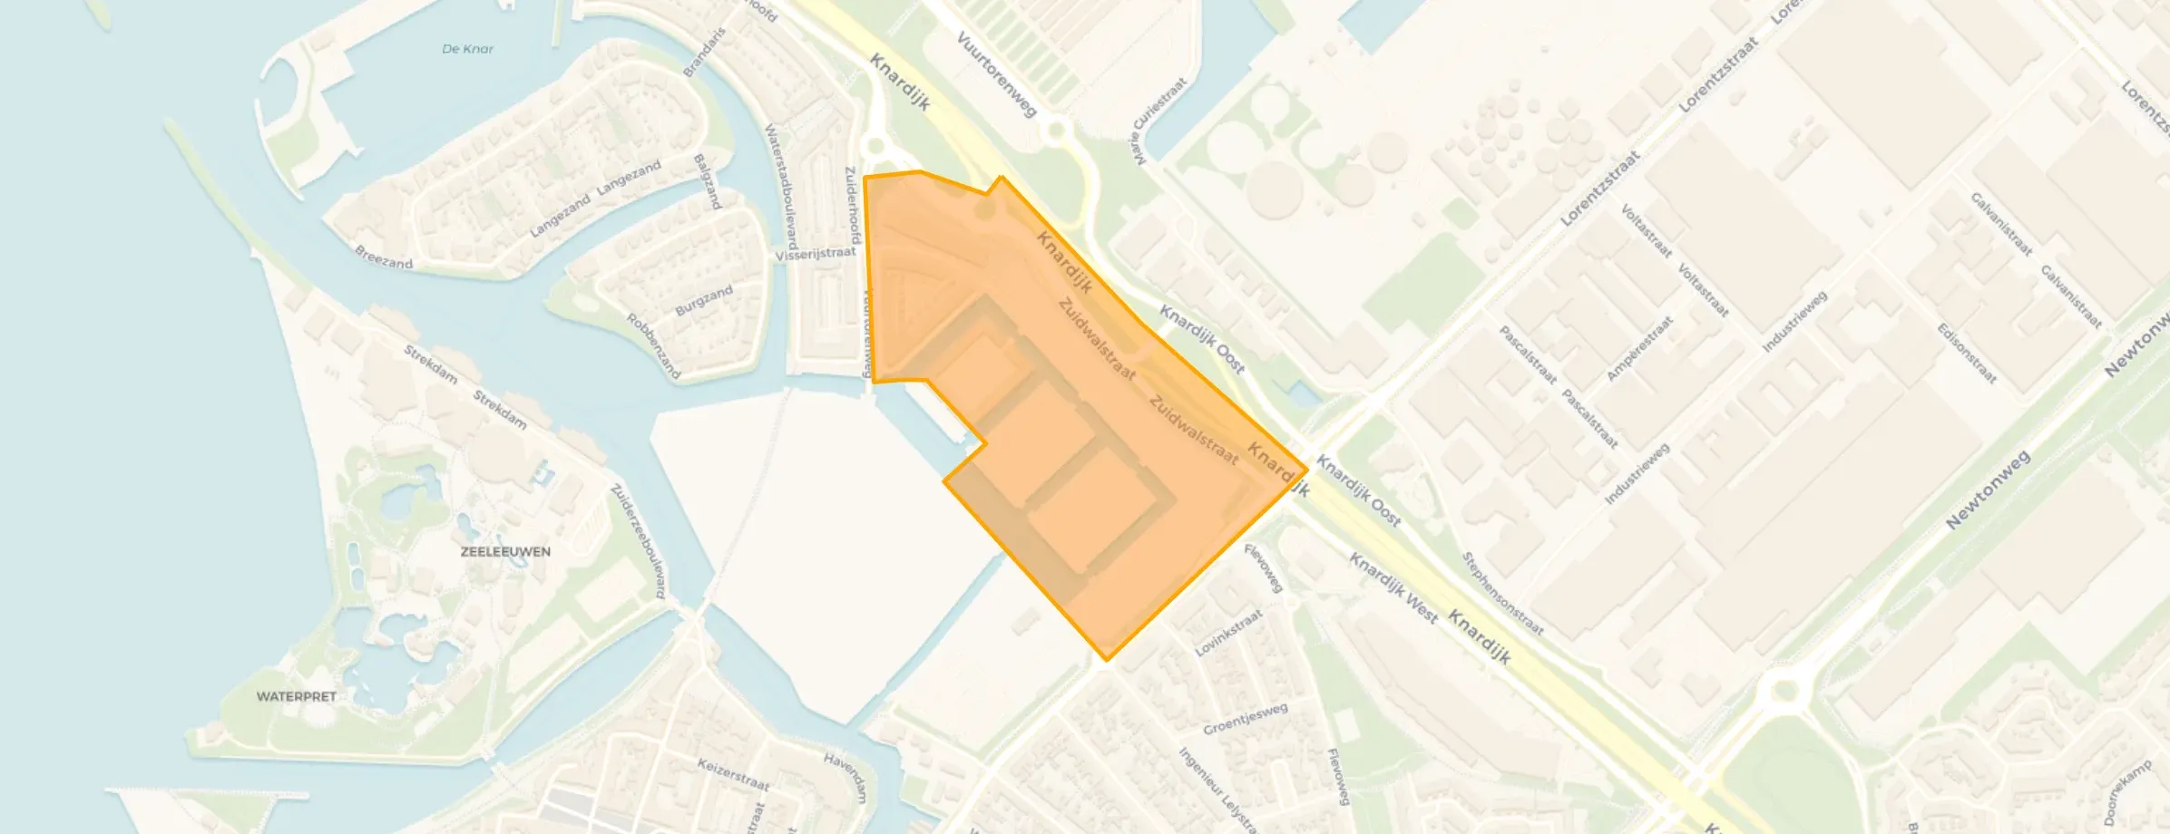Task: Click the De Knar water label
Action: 467,49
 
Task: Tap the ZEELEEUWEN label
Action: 505,551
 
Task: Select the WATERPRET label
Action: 297,696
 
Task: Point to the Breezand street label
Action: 383,257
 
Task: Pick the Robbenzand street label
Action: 653,345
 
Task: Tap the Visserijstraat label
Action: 815,254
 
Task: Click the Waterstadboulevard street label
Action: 781,186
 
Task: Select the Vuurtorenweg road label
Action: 996,74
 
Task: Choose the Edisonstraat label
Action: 1967,354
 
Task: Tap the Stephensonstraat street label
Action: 1501,594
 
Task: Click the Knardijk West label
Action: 1393,588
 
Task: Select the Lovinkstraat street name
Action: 1228,633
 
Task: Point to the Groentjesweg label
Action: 1245,719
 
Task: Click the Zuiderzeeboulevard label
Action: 639,541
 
